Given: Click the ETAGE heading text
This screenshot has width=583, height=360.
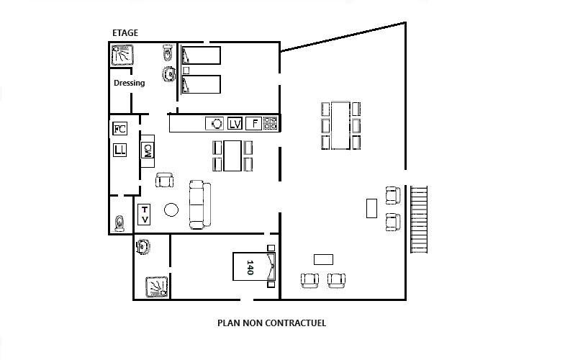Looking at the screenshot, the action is [x=125, y=32].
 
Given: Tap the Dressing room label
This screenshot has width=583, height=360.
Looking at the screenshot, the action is [x=129, y=83].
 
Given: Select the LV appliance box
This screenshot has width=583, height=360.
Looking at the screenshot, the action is [x=235, y=123].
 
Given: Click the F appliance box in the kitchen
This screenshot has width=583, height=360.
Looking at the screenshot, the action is [x=253, y=123].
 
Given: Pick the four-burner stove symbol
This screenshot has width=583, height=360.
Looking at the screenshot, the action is [x=271, y=123].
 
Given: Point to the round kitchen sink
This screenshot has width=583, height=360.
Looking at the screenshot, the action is [x=214, y=123].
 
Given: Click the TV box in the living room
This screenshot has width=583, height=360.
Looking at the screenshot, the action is [x=144, y=215].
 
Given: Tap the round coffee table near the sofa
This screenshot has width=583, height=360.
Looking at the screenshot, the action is [x=171, y=210].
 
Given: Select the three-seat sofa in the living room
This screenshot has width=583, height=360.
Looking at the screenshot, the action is [x=199, y=204].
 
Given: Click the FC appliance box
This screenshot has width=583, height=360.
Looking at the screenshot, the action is [x=119, y=129].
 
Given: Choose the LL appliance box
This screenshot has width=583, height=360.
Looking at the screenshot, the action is [x=119, y=150].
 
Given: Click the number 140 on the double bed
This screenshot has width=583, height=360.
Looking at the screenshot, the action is [x=250, y=267].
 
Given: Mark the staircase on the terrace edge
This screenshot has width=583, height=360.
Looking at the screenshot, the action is [x=419, y=220].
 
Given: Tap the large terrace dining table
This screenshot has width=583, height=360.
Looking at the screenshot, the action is [x=340, y=125].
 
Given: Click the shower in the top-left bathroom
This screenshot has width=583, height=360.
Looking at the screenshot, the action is [x=122, y=55].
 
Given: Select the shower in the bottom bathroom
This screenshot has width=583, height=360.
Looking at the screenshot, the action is [x=156, y=287].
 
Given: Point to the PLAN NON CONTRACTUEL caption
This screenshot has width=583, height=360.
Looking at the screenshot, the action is [x=272, y=323].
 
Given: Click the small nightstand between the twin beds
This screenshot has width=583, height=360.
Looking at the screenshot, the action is [x=186, y=71].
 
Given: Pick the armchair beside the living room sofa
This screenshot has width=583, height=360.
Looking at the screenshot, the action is [x=164, y=180].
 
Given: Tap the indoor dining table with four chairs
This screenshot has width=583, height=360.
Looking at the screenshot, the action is [x=232, y=156].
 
